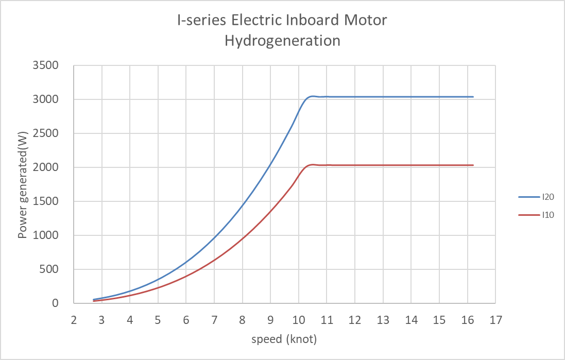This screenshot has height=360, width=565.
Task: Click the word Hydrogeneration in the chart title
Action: tap(282, 41)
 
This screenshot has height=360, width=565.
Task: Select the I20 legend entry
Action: tap(547, 196)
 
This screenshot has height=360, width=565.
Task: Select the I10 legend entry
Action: tap(547, 215)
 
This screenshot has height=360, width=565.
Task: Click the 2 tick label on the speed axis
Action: tap(74, 320)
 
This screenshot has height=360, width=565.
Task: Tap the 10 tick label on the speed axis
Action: tap(299, 320)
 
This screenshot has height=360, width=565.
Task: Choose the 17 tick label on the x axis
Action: tap(495, 320)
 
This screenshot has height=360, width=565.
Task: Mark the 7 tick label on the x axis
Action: tap(214, 320)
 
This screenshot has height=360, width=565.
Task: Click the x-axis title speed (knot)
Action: tap(284, 339)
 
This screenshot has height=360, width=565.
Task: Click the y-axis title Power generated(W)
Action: tap(22, 184)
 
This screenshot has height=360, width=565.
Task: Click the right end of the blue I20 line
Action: tap(473, 97)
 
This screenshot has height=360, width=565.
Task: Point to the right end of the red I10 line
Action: tap(473, 165)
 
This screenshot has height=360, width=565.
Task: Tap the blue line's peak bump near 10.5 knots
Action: tap(313, 96)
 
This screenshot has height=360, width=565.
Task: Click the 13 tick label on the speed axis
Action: tap(383, 320)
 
